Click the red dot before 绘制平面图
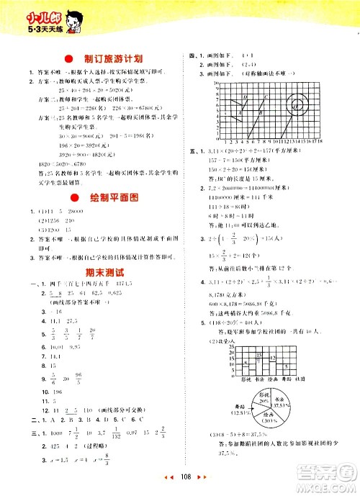68,197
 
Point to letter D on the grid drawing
246,98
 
